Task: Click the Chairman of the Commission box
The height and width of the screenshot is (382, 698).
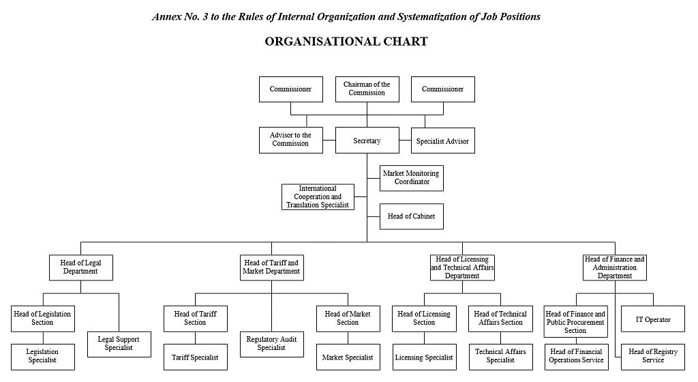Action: (367, 89)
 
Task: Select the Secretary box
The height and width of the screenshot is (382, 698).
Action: (367, 141)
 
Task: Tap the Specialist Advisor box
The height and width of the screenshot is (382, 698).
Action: (442, 141)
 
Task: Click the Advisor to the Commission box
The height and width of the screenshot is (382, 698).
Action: (290, 140)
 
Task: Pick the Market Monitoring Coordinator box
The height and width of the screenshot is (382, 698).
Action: (411, 177)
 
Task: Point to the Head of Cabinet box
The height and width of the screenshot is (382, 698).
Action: (411, 217)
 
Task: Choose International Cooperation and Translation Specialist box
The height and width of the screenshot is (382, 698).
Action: (318, 196)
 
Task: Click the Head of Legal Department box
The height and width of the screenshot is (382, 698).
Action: (80, 267)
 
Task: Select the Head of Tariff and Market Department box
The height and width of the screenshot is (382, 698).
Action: (271, 267)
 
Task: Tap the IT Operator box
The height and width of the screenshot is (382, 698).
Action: (653, 319)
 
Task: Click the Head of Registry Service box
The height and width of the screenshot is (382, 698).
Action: (653, 356)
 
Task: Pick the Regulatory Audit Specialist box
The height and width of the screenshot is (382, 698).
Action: (271, 344)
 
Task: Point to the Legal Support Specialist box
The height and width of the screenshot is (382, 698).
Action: (119, 343)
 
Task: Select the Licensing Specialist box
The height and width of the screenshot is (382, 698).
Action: (424, 357)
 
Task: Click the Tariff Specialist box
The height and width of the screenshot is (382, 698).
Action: (195, 357)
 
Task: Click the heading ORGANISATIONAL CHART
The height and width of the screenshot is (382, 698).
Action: (346, 42)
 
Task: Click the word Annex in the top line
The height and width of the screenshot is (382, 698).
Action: (168, 16)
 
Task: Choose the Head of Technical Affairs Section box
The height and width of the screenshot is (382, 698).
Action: (500, 319)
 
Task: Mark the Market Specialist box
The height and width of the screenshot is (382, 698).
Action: (348, 357)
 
